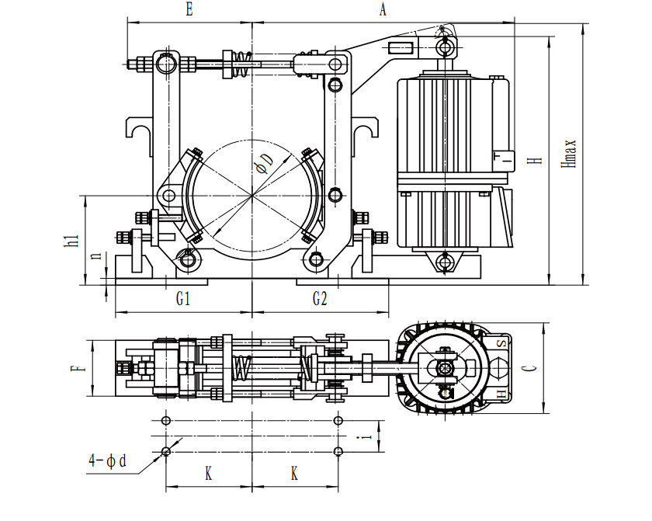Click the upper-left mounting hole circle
[165, 420]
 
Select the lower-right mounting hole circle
[337, 451]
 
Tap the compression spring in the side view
[242, 64]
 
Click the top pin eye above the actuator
[446, 47]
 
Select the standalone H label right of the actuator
[534, 160]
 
